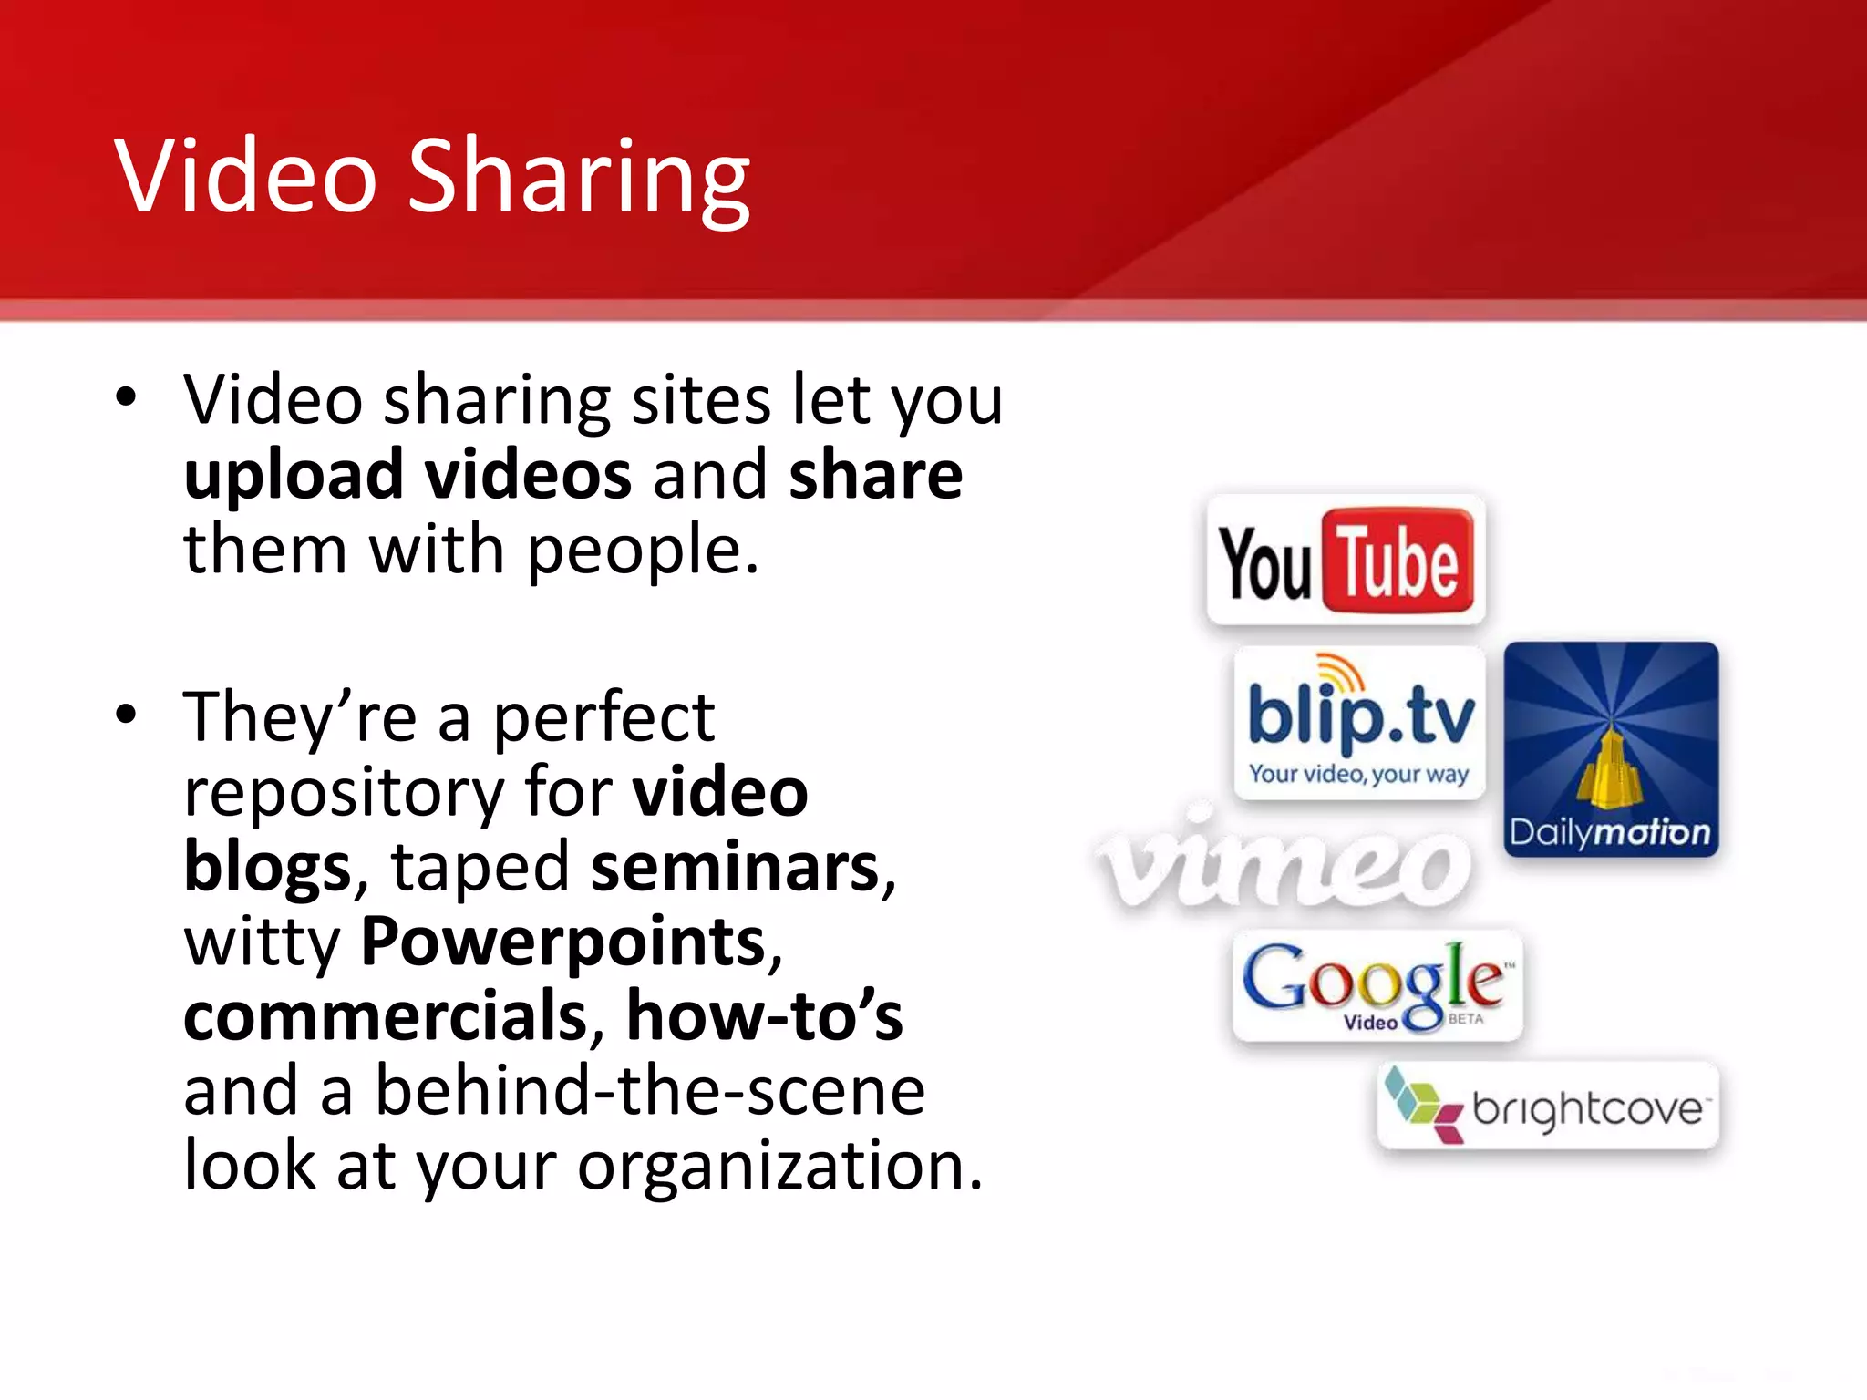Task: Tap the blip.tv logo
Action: click(1359, 722)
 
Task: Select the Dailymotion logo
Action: click(1611, 749)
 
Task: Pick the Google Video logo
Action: click(1377, 985)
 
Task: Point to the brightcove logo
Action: click(1548, 1106)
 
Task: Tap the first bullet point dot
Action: click(126, 397)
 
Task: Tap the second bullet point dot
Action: click(126, 714)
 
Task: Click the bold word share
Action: click(875, 476)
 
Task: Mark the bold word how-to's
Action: click(764, 1017)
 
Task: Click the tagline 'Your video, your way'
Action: click(1358, 775)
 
